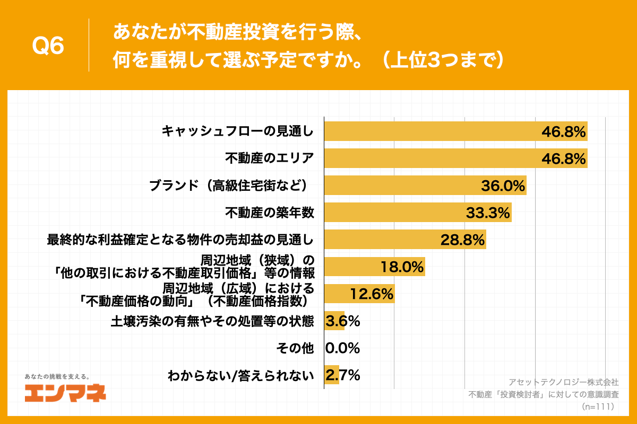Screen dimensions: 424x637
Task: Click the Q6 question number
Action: pos(48,47)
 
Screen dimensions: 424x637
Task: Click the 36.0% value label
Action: pos(503,185)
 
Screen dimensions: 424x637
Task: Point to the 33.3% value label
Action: pos(488,213)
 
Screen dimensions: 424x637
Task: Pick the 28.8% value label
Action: pos(462,240)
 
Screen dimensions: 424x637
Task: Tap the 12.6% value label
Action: pos(371,294)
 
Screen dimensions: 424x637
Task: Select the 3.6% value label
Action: pos(343,321)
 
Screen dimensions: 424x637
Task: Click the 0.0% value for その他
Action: pos(343,348)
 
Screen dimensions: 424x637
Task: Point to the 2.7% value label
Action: pos(343,375)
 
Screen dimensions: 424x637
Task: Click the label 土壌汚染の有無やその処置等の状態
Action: pos(212,321)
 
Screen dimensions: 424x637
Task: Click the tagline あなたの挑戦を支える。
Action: pos(58,376)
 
